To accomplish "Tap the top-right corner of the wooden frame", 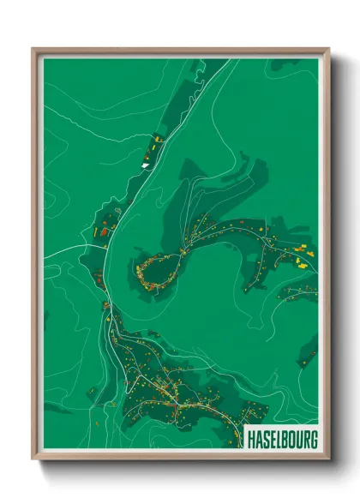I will click(x=327, y=50).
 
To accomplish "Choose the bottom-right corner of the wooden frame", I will click(x=327, y=458).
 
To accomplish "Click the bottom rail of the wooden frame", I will click(x=180, y=455).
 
